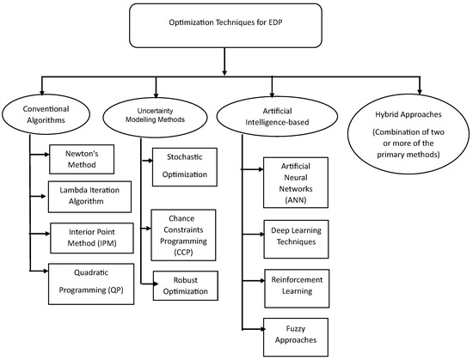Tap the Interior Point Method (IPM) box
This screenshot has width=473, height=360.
click(82, 238)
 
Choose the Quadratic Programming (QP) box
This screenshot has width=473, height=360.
click(91, 282)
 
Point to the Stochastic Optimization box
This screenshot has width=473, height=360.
click(186, 166)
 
